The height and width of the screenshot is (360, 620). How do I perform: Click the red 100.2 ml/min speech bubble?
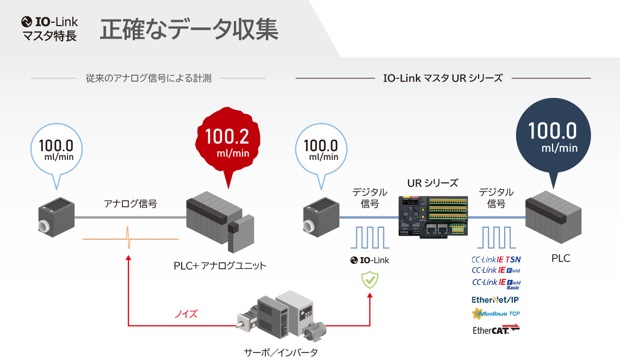tap(227, 142)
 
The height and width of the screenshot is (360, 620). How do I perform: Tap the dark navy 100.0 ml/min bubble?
tap(553, 137)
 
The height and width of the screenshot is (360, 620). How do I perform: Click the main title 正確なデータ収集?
tap(189, 30)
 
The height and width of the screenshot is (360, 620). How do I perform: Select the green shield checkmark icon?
tap(370, 280)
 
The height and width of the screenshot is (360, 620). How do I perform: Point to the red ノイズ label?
tap(185, 314)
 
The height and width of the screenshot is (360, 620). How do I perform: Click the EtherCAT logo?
tap(495, 330)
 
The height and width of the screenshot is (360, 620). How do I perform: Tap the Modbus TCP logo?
tap(495, 314)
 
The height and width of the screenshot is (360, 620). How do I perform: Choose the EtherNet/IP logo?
tap(495, 300)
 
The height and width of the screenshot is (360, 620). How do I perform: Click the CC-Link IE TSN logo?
tap(495, 259)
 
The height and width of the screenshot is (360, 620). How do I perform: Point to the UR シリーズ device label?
tap(432, 183)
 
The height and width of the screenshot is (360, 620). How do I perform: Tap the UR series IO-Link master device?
tap(432, 216)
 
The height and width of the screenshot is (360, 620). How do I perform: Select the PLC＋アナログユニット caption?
tap(220, 266)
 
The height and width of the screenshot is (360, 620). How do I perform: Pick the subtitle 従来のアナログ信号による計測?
tap(148, 78)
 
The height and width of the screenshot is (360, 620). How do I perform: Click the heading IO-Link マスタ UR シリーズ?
tap(443, 78)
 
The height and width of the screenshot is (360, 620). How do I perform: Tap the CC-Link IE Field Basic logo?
tap(495, 284)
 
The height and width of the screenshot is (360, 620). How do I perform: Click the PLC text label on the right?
tap(561, 258)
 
